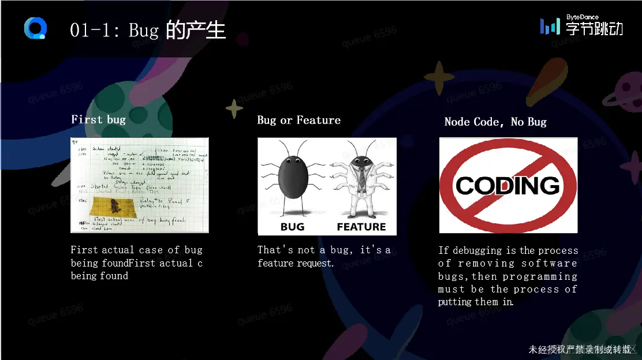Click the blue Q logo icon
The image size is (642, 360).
(35, 28)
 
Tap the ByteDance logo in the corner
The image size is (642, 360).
(581, 26)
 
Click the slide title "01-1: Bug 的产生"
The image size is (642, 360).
(147, 29)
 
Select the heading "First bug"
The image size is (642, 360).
(98, 119)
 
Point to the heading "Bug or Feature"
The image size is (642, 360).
(298, 120)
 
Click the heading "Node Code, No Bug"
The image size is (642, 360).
(495, 122)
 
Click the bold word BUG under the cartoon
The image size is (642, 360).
(292, 227)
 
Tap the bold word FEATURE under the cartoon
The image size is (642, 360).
(361, 227)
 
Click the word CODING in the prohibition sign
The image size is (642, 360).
(508, 186)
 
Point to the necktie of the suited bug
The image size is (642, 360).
(361, 176)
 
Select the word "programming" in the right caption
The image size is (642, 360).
(540, 276)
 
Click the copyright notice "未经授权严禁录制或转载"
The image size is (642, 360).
(580, 350)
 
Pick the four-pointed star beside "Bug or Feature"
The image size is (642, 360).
(234, 109)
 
